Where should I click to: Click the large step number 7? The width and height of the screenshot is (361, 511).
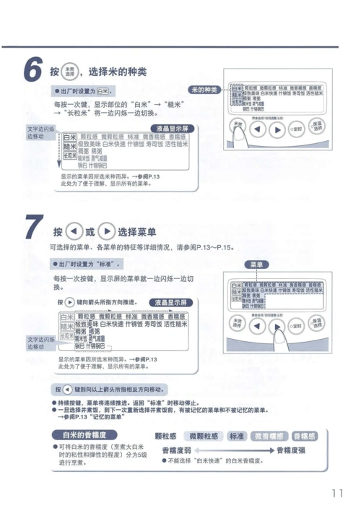click(x=32, y=230)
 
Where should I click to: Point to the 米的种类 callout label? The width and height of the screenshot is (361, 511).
click(x=203, y=90)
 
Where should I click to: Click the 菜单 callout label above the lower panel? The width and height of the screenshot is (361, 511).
click(x=256, y=265)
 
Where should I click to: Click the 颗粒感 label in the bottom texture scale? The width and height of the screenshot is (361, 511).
click(x=167, y=436)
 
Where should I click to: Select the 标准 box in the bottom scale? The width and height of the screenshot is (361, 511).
click(x=236, y=436)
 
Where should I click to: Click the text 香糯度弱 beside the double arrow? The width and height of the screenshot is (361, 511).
click(x=176, y=450)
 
